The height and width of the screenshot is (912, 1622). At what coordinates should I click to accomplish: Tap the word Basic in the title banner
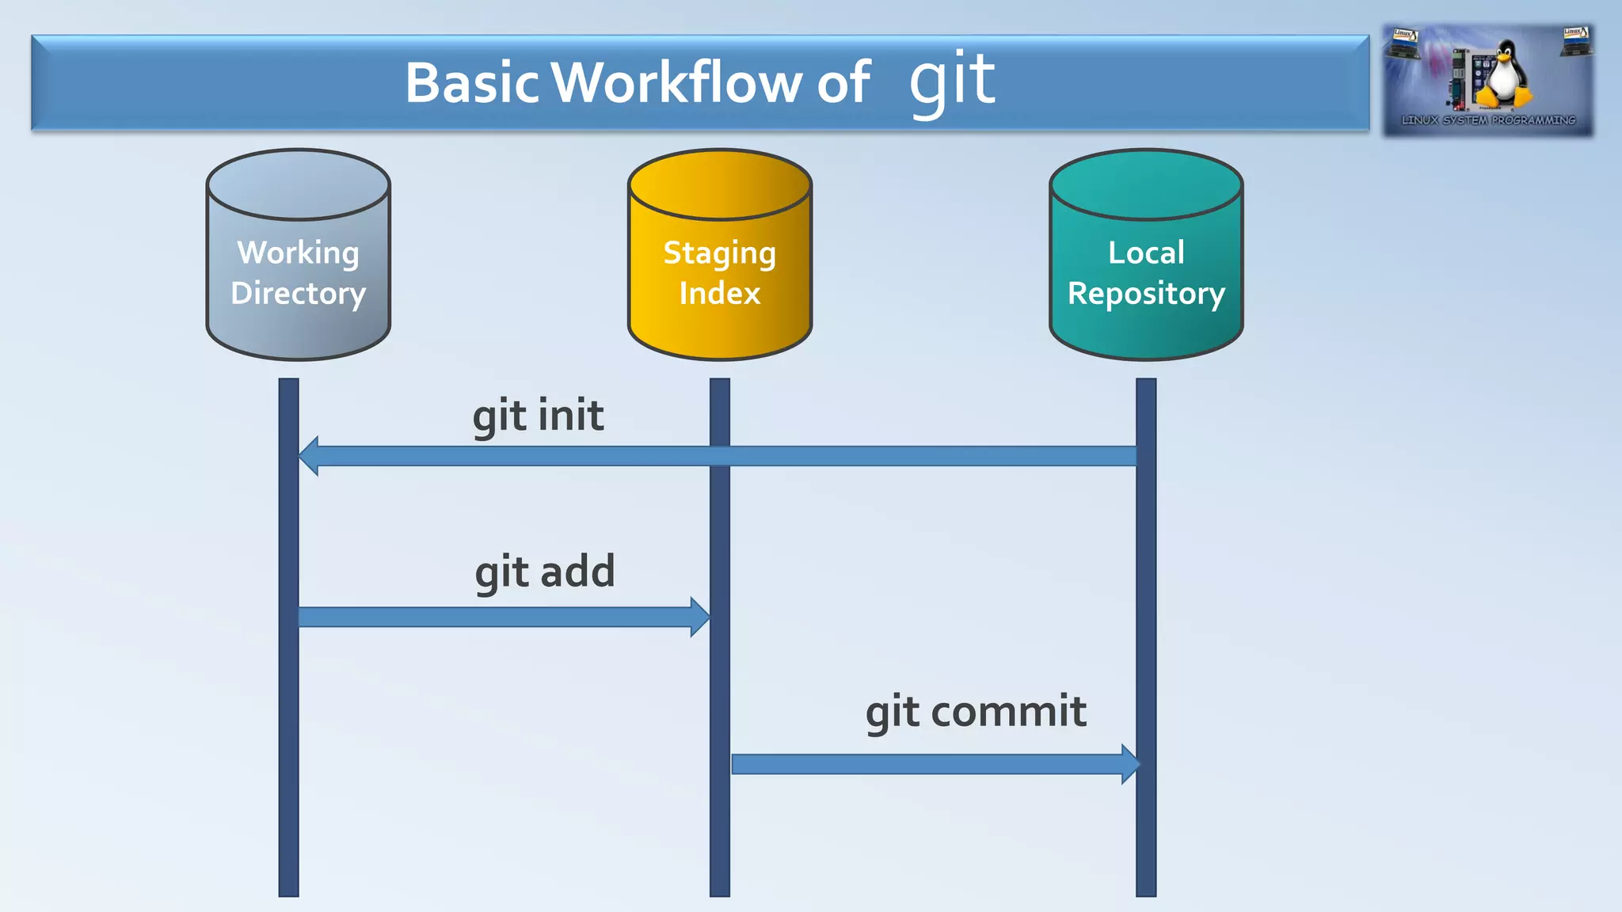point(473,82)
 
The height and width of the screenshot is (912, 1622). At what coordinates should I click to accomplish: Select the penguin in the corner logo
point(1503,75)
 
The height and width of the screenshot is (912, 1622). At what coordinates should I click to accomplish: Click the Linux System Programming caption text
point(1488,120)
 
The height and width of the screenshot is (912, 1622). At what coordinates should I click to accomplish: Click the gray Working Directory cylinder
point(298,261)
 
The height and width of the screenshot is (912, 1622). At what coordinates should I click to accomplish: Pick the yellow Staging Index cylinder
point(719,261)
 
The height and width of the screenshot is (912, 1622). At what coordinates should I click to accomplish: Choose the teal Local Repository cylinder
point(1145,261)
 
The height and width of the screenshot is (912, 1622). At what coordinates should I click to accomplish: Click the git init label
point(538,416)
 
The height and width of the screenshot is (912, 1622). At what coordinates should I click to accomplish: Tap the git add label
point(544,572)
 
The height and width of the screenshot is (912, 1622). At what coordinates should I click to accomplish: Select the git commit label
point(975,712)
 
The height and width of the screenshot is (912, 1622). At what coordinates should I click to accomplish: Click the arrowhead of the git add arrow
point(699,617)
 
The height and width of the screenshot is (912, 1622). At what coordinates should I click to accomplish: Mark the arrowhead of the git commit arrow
point(1130,764)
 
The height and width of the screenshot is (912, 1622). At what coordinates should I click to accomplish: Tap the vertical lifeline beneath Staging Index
point(719,831)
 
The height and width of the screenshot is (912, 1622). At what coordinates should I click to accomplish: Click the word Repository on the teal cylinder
point(1145,294)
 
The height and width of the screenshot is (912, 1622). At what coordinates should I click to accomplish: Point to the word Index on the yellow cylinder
point(719,294)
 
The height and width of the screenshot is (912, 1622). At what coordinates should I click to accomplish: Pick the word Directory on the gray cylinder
point(298,294)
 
